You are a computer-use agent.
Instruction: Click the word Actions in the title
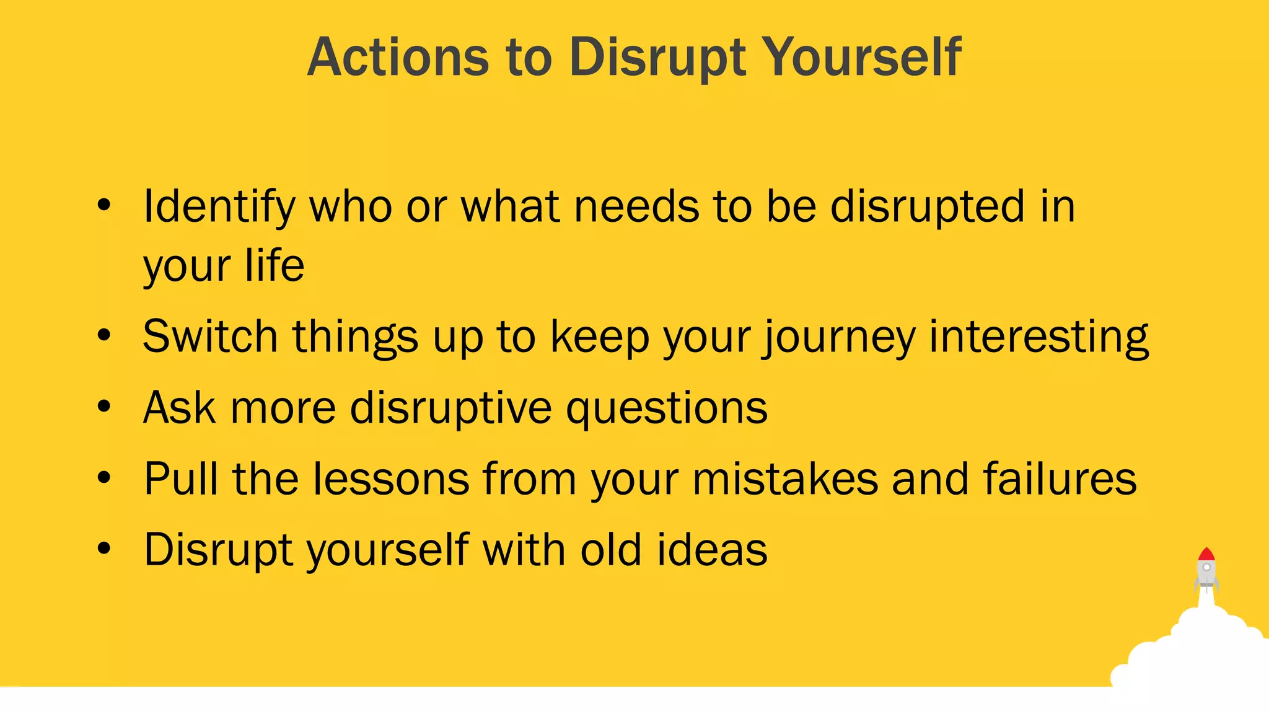(398, 57)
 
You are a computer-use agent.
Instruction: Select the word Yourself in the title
(861, 57)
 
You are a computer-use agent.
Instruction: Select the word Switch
(210, 337)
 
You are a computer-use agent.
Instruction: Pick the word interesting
(1038, 338)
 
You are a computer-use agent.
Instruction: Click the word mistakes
(785, 479)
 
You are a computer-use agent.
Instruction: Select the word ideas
(712, 550)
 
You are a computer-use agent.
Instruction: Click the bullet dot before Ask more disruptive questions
(104, 407)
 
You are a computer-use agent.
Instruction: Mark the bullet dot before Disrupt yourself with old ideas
(104, 549)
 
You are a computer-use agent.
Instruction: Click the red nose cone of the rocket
(1206, 554)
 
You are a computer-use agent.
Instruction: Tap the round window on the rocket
(1206, 567)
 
